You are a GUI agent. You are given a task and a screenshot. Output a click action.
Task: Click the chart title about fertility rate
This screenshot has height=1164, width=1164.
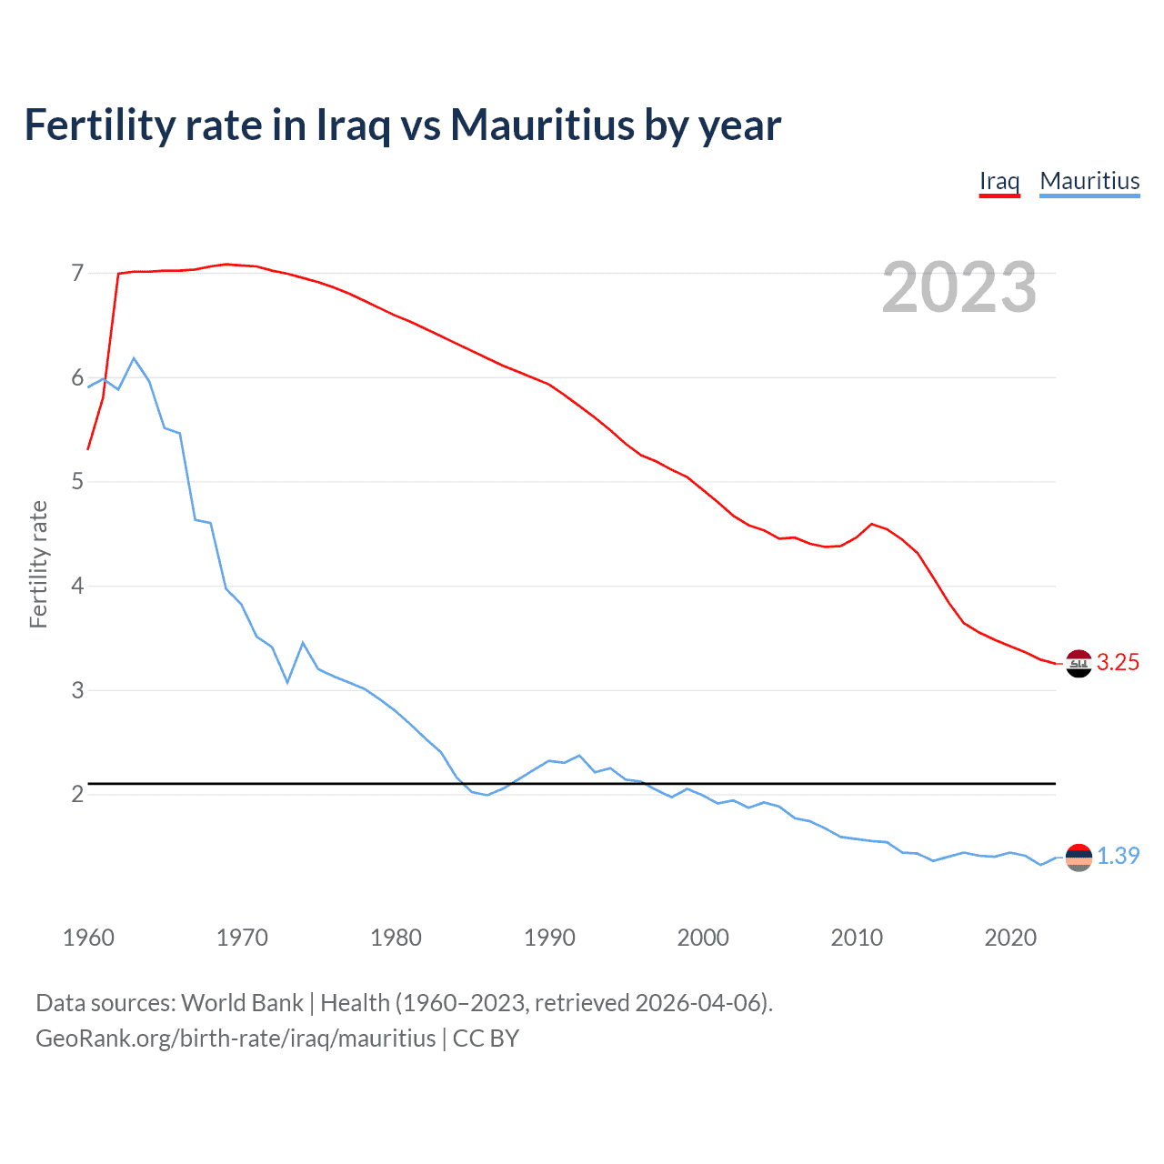[402, 125]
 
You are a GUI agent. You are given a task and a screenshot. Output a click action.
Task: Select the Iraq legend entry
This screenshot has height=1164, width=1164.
[998, 181]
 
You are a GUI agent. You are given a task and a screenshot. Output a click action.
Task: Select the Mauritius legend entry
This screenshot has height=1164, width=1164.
[1089, 181]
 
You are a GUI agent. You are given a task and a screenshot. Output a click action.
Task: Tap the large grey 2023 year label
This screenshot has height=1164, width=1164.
[958, 287]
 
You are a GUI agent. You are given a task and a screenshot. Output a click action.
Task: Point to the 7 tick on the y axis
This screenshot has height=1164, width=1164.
[77, 273]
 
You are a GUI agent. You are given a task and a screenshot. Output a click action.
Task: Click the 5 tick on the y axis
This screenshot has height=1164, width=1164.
[77, 481]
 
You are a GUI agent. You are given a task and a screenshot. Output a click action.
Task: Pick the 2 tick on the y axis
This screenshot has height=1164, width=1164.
[77, 794]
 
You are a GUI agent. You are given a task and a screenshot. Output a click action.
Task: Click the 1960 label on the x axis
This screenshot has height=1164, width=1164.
[88, 938]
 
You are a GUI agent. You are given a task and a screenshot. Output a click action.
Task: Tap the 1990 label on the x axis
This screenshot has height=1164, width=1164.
[549, 938]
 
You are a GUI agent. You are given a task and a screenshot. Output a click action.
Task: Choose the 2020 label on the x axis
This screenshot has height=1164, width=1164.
[1010, 938]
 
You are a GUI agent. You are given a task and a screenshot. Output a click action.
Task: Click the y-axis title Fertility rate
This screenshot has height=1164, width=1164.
[38, 564]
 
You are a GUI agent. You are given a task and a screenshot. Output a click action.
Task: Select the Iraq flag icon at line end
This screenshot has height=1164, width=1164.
[1078, 664]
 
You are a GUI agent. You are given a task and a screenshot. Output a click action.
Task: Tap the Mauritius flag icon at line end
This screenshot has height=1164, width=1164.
[1078, 857]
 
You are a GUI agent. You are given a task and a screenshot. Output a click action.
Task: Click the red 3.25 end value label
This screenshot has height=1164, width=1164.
[1118, 663]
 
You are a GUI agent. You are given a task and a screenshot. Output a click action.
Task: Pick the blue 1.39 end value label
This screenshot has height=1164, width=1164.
[1118, 857]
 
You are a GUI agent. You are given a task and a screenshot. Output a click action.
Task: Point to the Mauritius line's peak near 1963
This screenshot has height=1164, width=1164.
[134, 358]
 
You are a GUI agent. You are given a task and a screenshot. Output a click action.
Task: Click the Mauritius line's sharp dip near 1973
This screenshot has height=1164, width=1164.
[287, 682]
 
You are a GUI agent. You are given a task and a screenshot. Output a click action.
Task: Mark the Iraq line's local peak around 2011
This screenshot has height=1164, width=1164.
[872, 524]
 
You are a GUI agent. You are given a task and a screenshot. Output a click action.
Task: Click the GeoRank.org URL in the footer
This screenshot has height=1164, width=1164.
[236, 1039]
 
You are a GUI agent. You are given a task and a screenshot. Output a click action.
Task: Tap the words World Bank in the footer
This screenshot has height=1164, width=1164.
[242, 1003]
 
